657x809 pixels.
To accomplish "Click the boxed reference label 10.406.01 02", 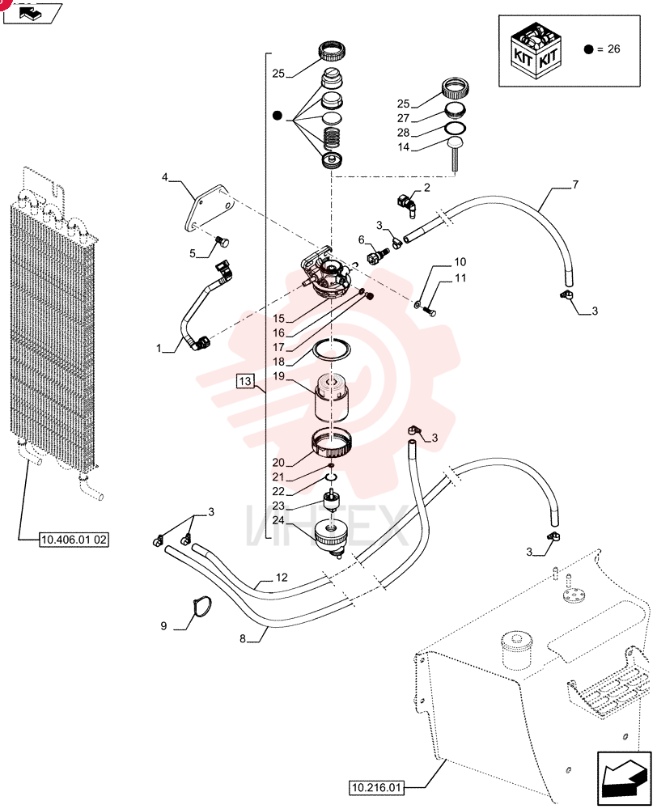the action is click(x=74, y=540).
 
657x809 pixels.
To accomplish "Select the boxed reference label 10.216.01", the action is click(x=375, y=788).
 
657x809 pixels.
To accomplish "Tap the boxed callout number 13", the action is click(x=245, y=381).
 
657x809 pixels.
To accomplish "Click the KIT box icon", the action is click(x=536, y=50).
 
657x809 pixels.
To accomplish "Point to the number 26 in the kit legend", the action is click(x=613, y=49).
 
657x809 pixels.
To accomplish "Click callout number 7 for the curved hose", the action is click(x=575, y=184).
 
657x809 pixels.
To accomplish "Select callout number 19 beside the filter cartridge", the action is click(x=278, y=376).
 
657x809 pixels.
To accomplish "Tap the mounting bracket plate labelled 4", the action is click(x=209, y=210).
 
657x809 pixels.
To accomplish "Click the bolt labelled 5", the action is click(x=223, y=241).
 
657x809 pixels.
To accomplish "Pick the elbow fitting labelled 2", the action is click(x=407, y=203).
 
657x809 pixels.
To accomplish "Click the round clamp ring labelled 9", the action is click(x=201, y=606).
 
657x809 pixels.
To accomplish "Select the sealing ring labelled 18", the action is click(x=333, y=349).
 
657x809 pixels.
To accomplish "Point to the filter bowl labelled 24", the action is click(x=330, y=536).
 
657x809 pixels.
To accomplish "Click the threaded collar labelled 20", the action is click(x=332, y=444).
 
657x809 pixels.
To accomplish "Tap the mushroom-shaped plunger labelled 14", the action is click(x=455, y=153).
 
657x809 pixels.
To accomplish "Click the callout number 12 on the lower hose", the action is click(x=282, y=578).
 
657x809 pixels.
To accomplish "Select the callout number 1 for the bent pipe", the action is click(x=159, y=348).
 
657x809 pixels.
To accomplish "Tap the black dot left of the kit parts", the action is click(x=278, y=116).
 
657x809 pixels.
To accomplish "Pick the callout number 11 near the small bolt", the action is click(x=460, y=277).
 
